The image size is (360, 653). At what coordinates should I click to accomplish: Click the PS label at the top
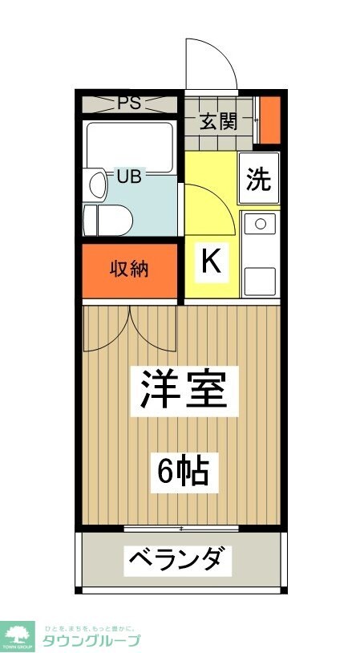click(x=129, y=103)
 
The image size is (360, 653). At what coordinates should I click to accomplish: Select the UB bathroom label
click(x=129, y=176)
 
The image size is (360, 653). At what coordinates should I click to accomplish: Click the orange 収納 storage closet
click(x=130, y=270)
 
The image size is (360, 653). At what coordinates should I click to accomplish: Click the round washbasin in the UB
click(x=97, y=185)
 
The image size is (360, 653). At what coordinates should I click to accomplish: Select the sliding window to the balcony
click(x=181, y=529)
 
